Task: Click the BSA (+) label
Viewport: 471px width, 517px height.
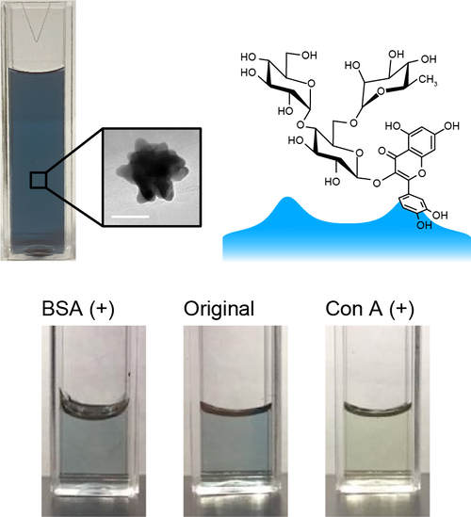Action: coord(78,309)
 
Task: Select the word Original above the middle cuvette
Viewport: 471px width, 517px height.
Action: coord(219,310)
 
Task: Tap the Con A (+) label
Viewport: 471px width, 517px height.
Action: coord(370,309)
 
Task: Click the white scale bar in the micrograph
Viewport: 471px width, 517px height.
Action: coord(130,217)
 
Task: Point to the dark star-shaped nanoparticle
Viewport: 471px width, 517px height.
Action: coord(153,170)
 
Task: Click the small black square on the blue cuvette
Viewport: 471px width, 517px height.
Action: coord(38,180)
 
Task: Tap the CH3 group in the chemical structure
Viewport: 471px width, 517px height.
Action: coord(428,80)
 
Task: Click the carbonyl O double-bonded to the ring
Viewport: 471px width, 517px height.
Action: coord(382,151)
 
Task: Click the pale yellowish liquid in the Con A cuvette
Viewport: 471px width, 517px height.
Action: coord(378,442)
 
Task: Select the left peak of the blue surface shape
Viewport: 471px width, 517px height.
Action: coord(288,198)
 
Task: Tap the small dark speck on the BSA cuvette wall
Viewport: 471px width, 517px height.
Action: coord(129,374)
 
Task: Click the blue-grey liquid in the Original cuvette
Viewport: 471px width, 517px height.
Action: coord(236,442)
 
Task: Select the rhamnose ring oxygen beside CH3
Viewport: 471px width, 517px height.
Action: coord(382,91)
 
